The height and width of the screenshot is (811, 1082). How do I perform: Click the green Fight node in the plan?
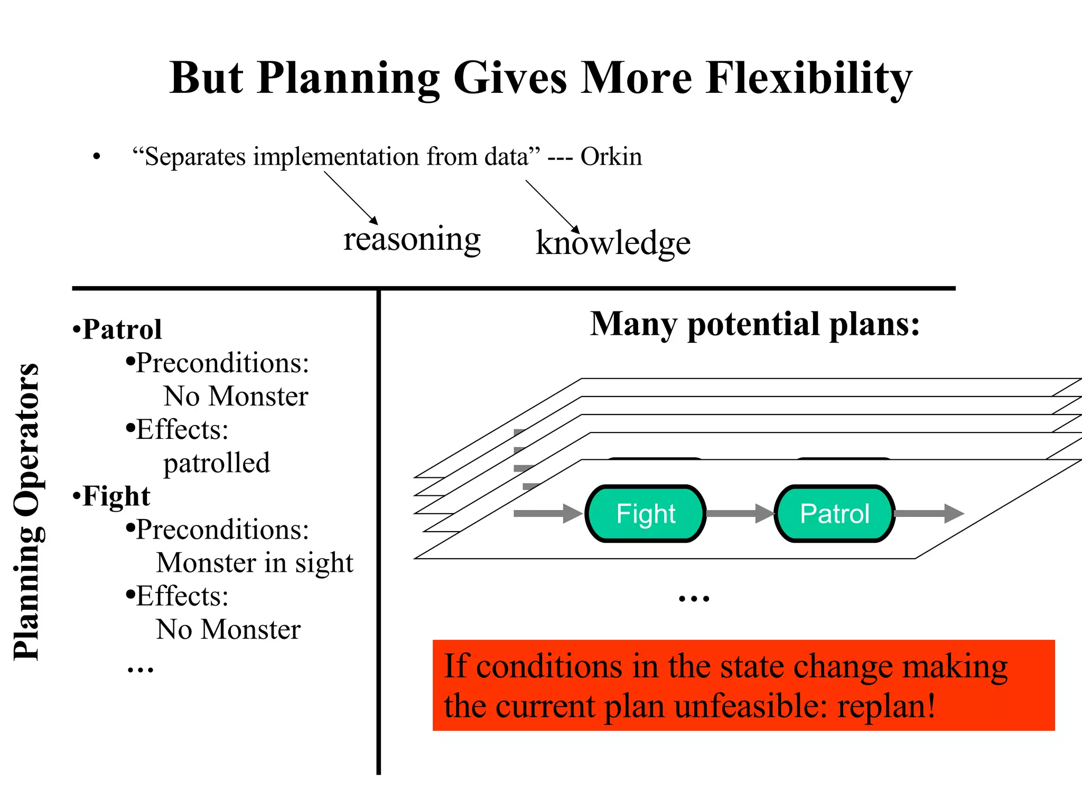646,514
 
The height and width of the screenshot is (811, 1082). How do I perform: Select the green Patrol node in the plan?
835,514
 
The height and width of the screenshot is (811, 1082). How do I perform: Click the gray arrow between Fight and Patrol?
740,513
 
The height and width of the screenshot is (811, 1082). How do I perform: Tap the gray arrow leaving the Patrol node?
929,513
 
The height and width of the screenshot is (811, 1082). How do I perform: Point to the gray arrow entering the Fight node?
547,513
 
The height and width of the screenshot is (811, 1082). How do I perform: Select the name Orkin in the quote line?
611,157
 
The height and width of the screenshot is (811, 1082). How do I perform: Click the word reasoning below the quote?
412,239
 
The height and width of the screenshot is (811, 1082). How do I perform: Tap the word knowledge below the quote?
613,243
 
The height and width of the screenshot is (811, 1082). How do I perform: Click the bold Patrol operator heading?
122,329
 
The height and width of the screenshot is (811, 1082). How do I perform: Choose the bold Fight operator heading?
116,496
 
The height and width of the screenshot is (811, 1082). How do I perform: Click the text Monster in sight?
255,563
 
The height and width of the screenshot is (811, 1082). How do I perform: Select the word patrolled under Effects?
217,463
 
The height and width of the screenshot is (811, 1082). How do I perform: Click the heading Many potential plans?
754,324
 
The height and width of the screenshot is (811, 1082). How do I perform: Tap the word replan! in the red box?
886,706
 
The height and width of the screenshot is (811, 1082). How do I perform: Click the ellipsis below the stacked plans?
694,599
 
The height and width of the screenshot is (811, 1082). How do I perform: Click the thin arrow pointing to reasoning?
351,198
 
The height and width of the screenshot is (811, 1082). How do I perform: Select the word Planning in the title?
349,78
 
